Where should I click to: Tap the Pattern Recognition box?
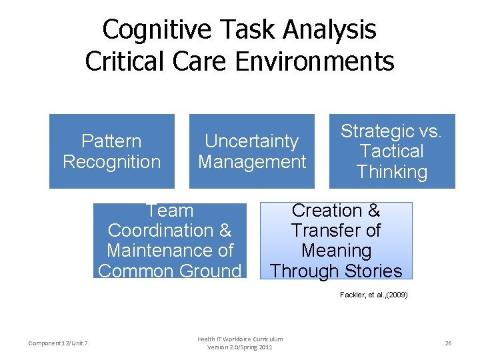pos(112,151)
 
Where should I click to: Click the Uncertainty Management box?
pos(252,151)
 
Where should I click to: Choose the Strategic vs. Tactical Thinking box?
pos(392,151)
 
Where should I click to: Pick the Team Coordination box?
pos(169,241)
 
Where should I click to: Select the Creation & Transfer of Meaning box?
pos(336,241)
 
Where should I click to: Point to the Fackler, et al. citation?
pos(373,294)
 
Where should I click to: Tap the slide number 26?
pos(448,343)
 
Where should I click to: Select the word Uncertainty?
pos(252,141)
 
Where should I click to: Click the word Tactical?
pos(392,151)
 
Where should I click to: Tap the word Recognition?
pos(112,162)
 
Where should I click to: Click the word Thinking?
pos(392,172)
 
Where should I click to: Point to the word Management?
pos(252,162)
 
